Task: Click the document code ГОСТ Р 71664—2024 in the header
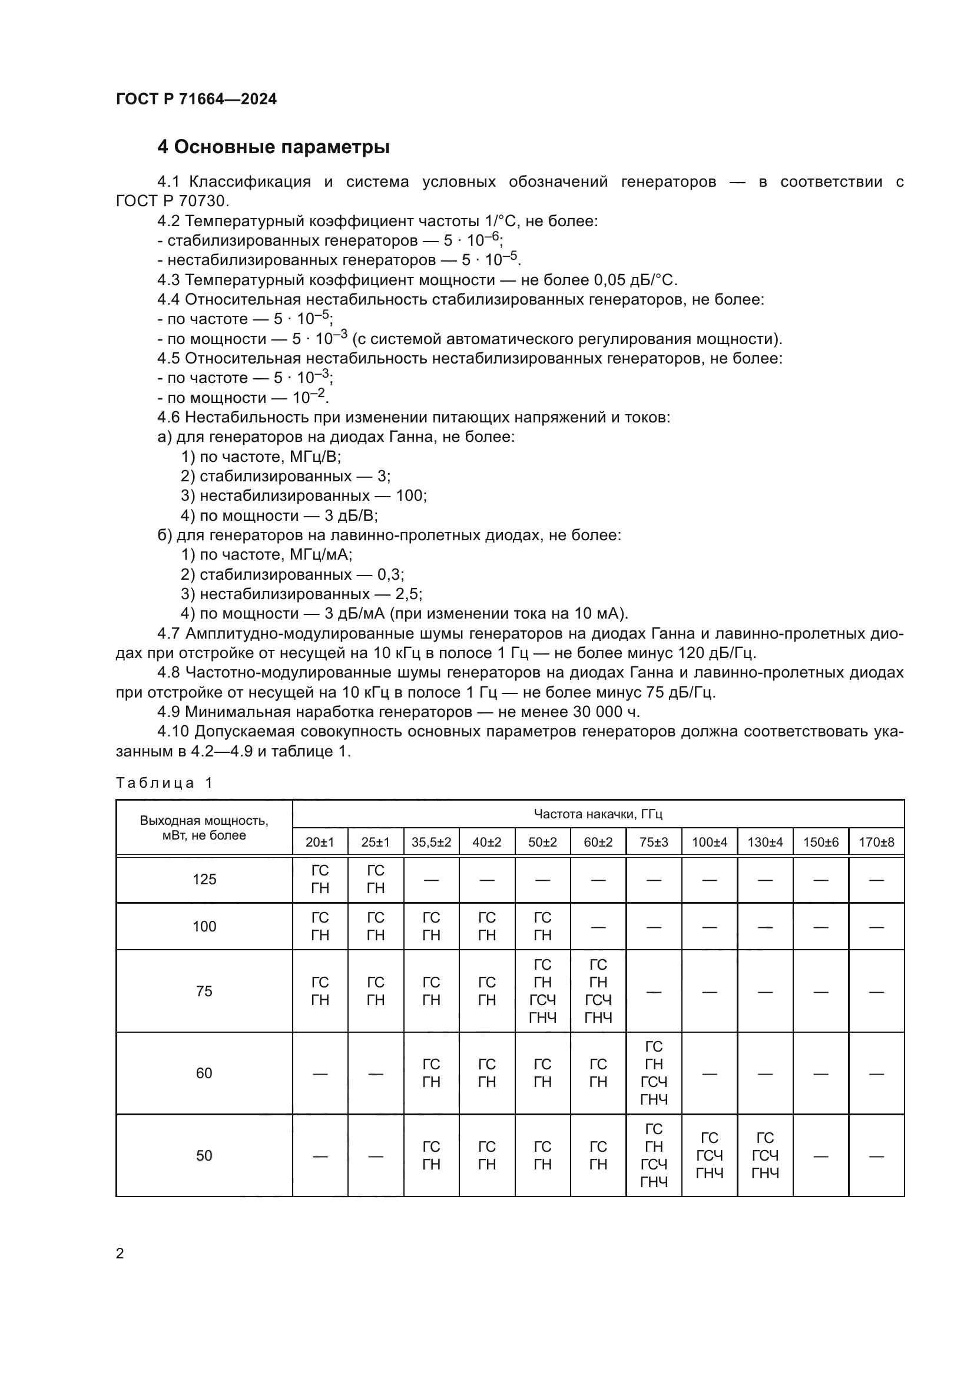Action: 196,100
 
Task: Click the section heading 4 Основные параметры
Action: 273,147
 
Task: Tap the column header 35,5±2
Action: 431,842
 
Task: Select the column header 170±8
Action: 876,842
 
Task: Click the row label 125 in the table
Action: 204,879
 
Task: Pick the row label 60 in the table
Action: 204,1073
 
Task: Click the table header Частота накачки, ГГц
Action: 598,814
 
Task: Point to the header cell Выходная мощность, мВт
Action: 204,828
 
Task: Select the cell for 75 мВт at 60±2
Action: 598,991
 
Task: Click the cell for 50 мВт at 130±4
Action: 766,1155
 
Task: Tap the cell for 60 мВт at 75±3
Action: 654,1073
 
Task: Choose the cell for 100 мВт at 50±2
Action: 542,926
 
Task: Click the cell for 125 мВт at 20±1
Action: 320,879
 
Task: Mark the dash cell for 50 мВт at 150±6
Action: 820,1156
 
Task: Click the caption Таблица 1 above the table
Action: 164,782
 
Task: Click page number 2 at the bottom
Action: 120,1253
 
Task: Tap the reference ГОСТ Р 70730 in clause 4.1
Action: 172,201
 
